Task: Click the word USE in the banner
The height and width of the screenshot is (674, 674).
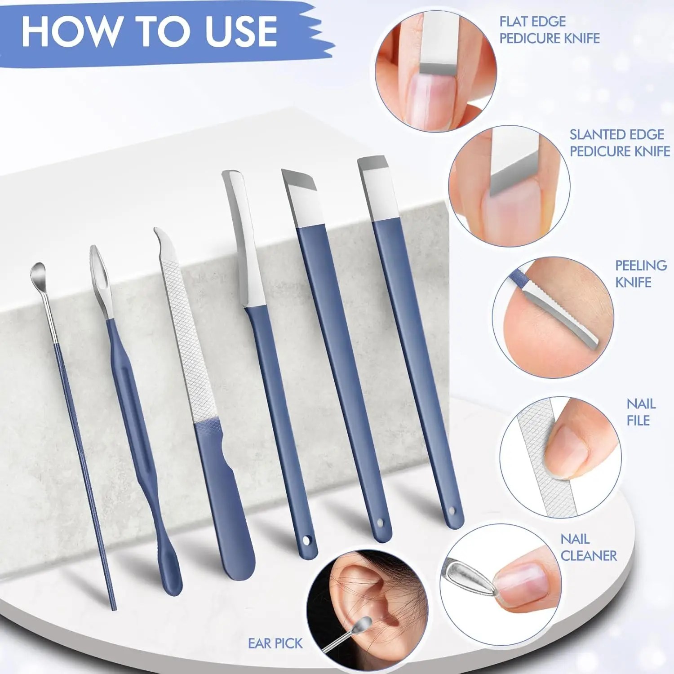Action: (x=241, y=31)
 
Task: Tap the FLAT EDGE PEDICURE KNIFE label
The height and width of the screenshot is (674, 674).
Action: (x=549, y=30)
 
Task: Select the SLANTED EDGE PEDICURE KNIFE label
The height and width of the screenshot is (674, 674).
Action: (x=620, y=143)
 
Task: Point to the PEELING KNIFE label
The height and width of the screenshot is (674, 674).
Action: (x=641, y=274)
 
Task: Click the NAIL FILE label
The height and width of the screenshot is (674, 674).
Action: (x=641, y=412)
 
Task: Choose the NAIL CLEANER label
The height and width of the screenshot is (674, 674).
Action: (x=588, y=547)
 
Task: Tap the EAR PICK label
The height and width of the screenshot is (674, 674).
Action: (x=275, y=643)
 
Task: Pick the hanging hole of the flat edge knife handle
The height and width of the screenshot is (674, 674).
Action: (x=452, y=512)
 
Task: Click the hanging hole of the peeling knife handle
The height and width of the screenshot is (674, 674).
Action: (x=308, y=539)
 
